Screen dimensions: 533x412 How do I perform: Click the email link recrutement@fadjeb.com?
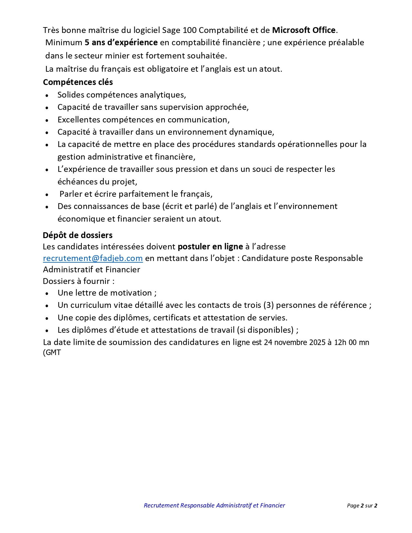[x=93, y=258]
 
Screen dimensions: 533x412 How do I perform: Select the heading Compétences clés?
[x=78, y=82]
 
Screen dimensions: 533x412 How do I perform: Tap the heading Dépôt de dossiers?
[x=78, y=235]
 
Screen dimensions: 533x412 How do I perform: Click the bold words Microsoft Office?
[x=304, y=30]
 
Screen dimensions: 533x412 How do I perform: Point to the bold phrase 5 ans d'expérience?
[x=121, y=43]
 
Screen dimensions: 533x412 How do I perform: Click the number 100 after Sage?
[x=190, y=30]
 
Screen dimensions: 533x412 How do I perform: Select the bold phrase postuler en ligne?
[x=210, y=247]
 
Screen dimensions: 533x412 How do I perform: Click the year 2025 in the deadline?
[x=317, y=342]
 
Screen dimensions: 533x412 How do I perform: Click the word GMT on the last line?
[x=53, y=352]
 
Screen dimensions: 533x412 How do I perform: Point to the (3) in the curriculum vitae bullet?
[x=269, y=305]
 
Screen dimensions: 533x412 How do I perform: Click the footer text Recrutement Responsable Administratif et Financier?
[x=214, y=506]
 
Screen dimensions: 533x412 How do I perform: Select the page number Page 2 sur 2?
[x=362, y=506]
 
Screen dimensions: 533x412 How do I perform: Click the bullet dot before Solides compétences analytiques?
[x=47, y=96]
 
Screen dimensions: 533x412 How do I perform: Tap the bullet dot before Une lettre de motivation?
[x=47, y=294]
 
